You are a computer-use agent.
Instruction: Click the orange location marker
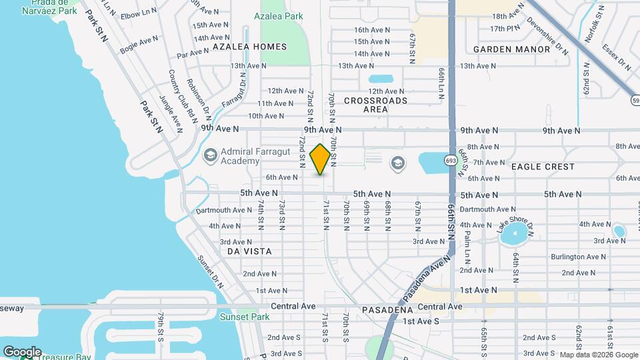point(320,159)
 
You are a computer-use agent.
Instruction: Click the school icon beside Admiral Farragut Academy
point(210,155)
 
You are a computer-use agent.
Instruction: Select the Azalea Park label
point(279,15)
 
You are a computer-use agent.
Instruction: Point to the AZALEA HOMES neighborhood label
point(249,47)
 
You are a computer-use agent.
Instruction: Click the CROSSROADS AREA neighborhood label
point(375,105)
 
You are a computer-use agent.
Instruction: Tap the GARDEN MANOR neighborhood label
point(512,49)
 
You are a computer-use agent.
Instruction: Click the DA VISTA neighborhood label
point(249,251)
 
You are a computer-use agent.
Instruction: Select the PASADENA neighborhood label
point(389,311)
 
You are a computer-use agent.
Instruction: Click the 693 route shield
point(451,160)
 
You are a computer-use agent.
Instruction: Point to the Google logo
point(21,351)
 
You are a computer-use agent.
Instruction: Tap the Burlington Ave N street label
point(577,257)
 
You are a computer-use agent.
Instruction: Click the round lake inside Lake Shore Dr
point(515,234)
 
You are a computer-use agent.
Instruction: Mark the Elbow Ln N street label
point(140,14)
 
